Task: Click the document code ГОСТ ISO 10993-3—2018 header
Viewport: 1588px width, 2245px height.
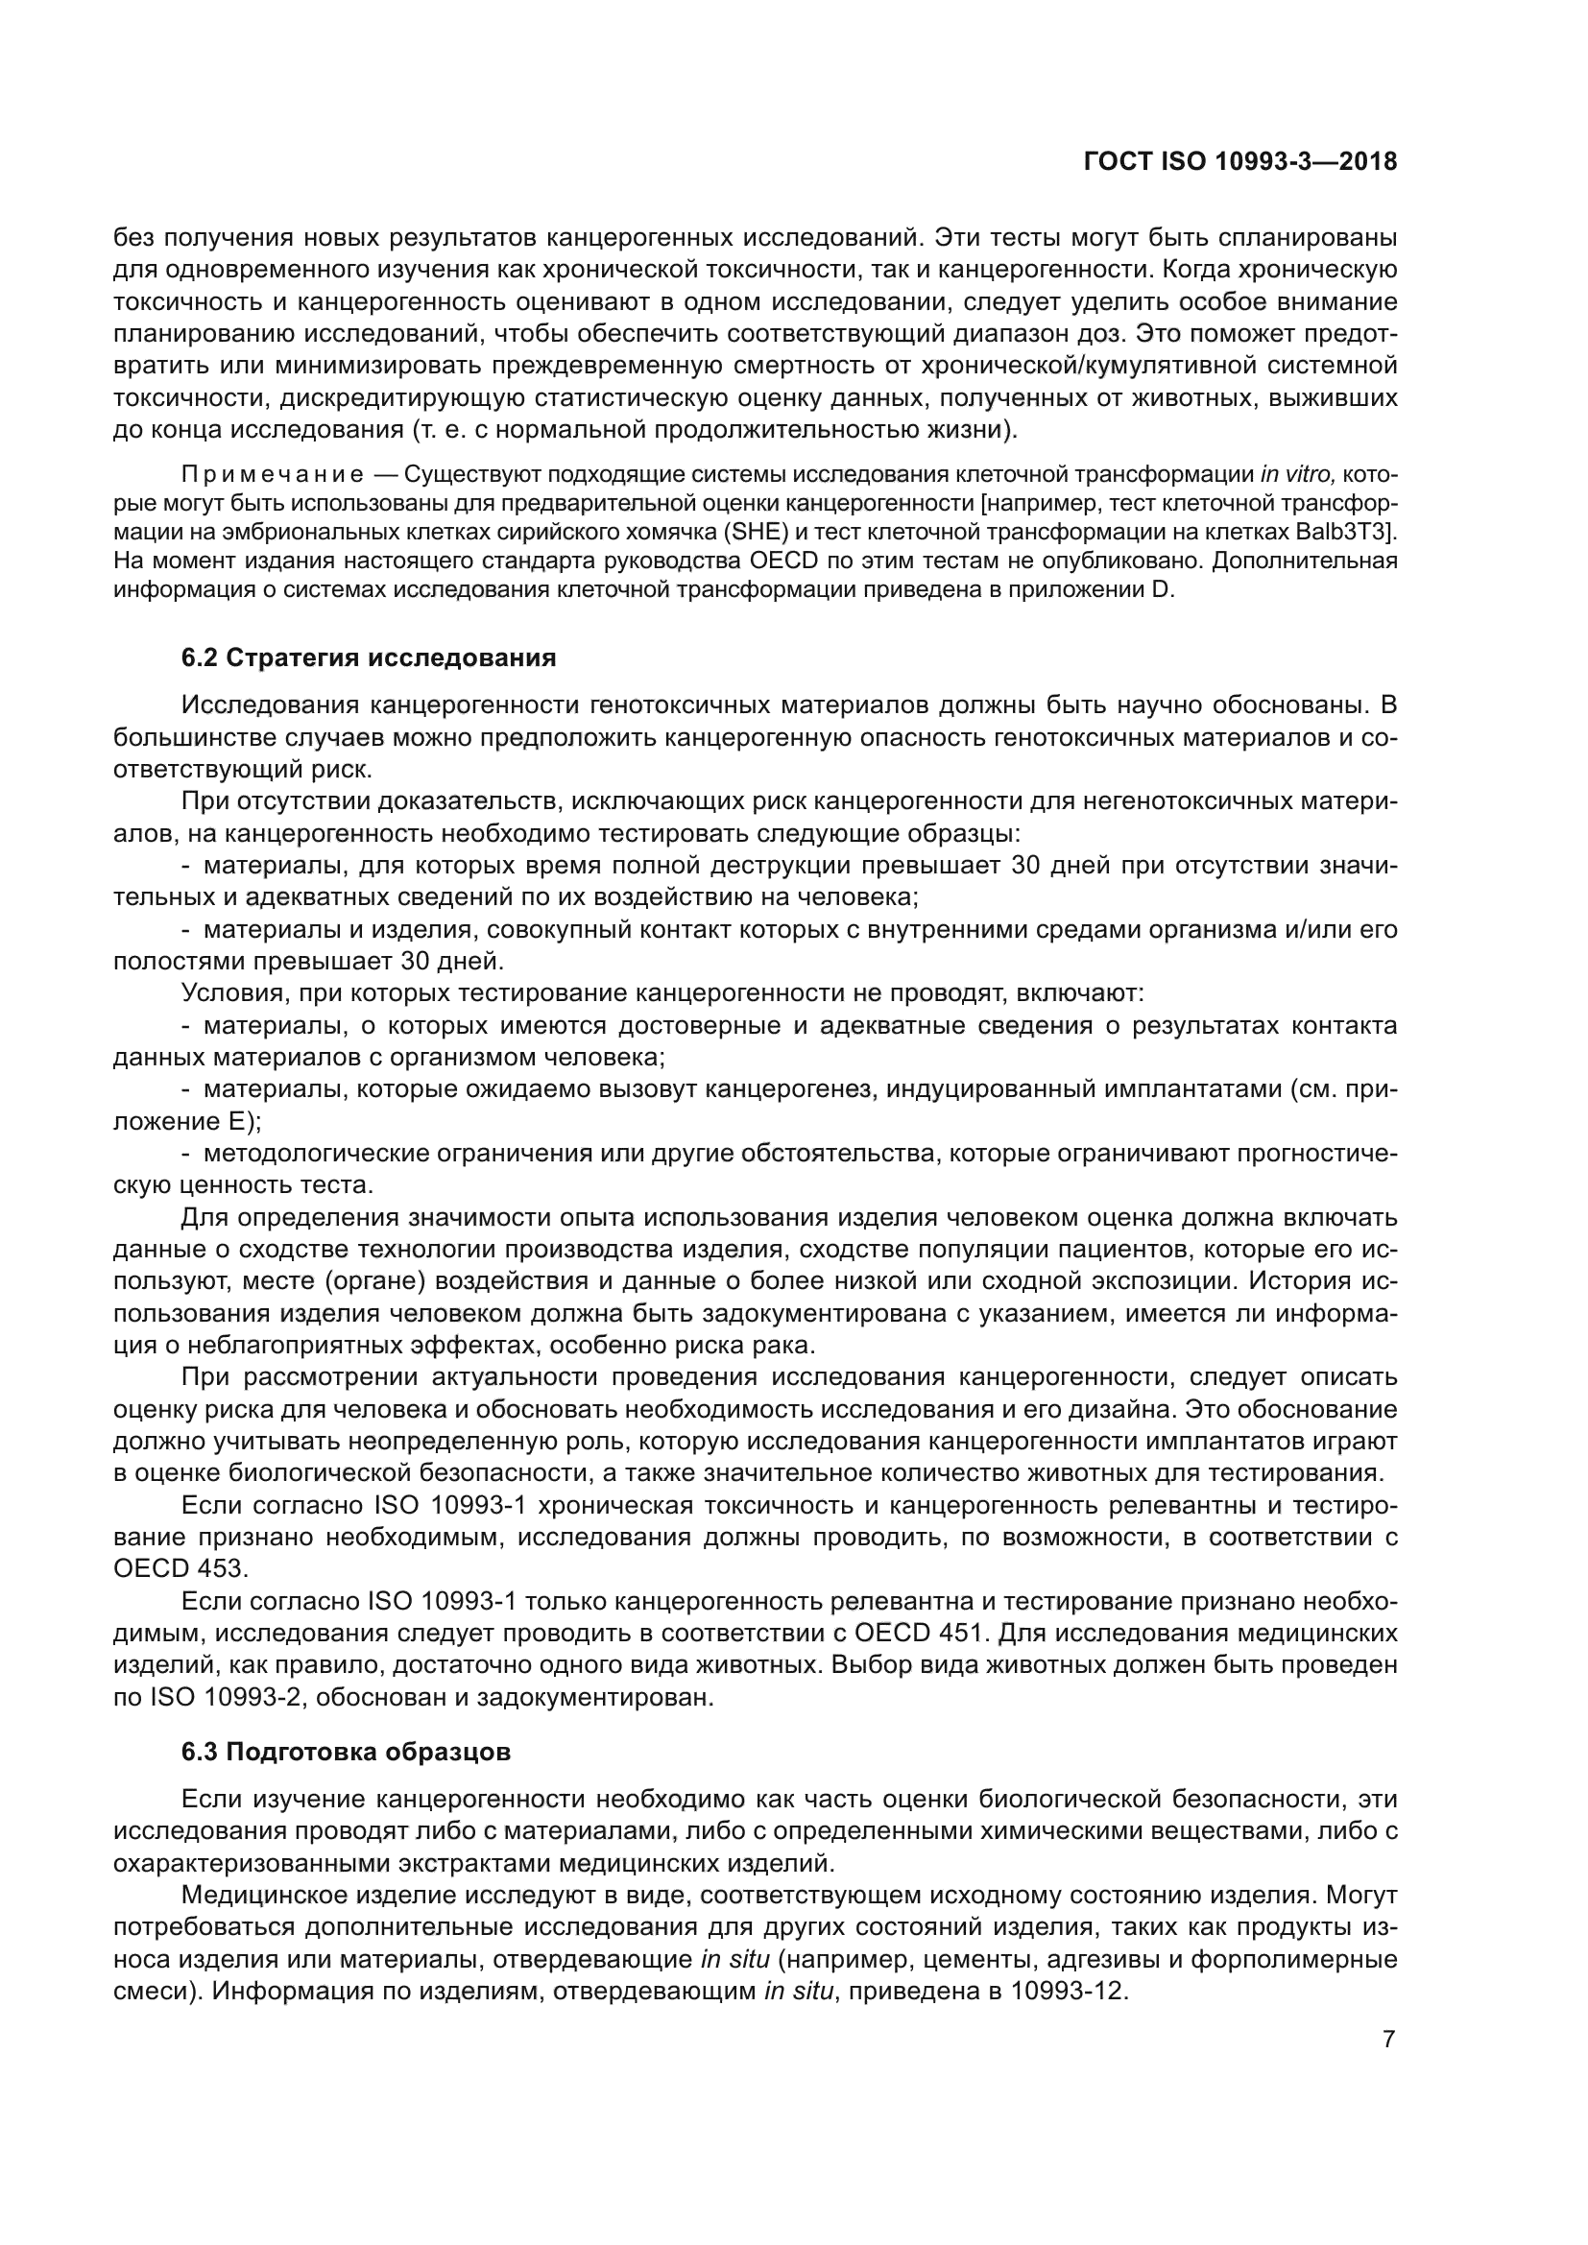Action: (x=1239, y=162)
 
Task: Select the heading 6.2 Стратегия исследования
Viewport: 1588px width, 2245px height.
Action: (x=369, y=658)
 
